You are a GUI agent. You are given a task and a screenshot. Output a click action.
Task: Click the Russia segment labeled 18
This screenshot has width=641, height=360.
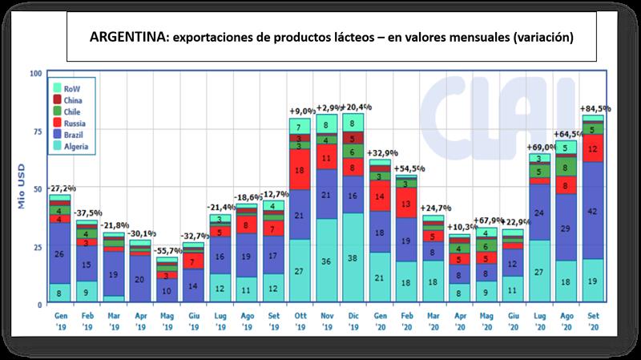pyautogui.click(x=300, y=171)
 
